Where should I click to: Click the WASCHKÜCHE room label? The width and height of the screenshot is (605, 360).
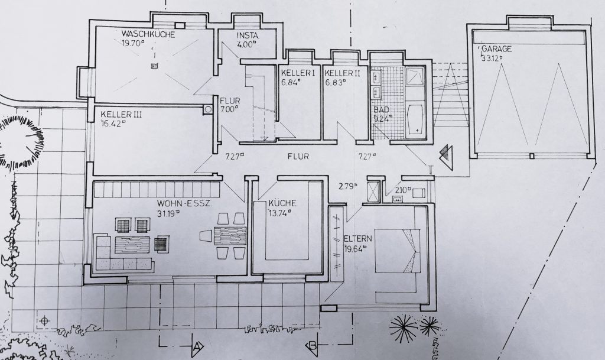point(148,34)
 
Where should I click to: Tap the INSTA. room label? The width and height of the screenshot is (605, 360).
point(248,36)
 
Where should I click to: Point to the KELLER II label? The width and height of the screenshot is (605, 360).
point(342,73)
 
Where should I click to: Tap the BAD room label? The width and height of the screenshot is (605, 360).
point(381,109)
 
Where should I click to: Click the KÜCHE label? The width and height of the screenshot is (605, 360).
point(282,203)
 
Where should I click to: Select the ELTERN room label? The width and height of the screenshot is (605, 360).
point(357,238)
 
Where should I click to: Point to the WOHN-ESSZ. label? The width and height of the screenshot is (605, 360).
point(184,204)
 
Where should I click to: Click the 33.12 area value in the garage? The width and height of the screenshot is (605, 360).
point(492,59)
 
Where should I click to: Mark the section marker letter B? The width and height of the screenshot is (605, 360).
point(313,345)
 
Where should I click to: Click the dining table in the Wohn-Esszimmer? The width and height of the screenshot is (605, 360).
point(230,236)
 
